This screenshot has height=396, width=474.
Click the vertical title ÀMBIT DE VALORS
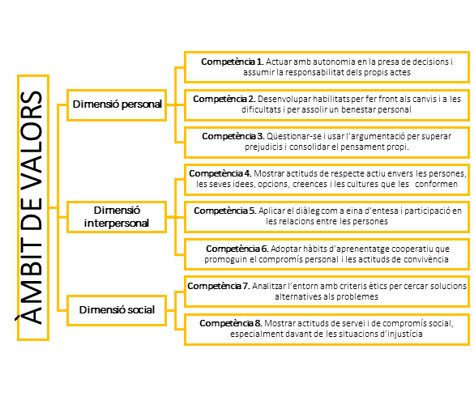point(32,207)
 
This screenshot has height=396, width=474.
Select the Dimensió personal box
point(117,104)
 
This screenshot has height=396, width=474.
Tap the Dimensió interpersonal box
point(117,216)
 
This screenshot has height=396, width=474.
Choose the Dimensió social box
point(117,310)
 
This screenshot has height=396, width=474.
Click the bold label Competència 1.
point(233,62)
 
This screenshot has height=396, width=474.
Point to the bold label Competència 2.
point(224,100)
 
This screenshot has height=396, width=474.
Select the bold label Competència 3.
point(233,137)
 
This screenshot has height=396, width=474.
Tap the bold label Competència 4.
point(220,173)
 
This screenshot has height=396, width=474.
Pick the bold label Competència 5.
point(225,211)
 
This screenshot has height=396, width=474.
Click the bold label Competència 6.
point(237,249)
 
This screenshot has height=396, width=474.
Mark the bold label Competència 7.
point(219,286)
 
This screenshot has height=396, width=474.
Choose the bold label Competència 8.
point(231,323)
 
